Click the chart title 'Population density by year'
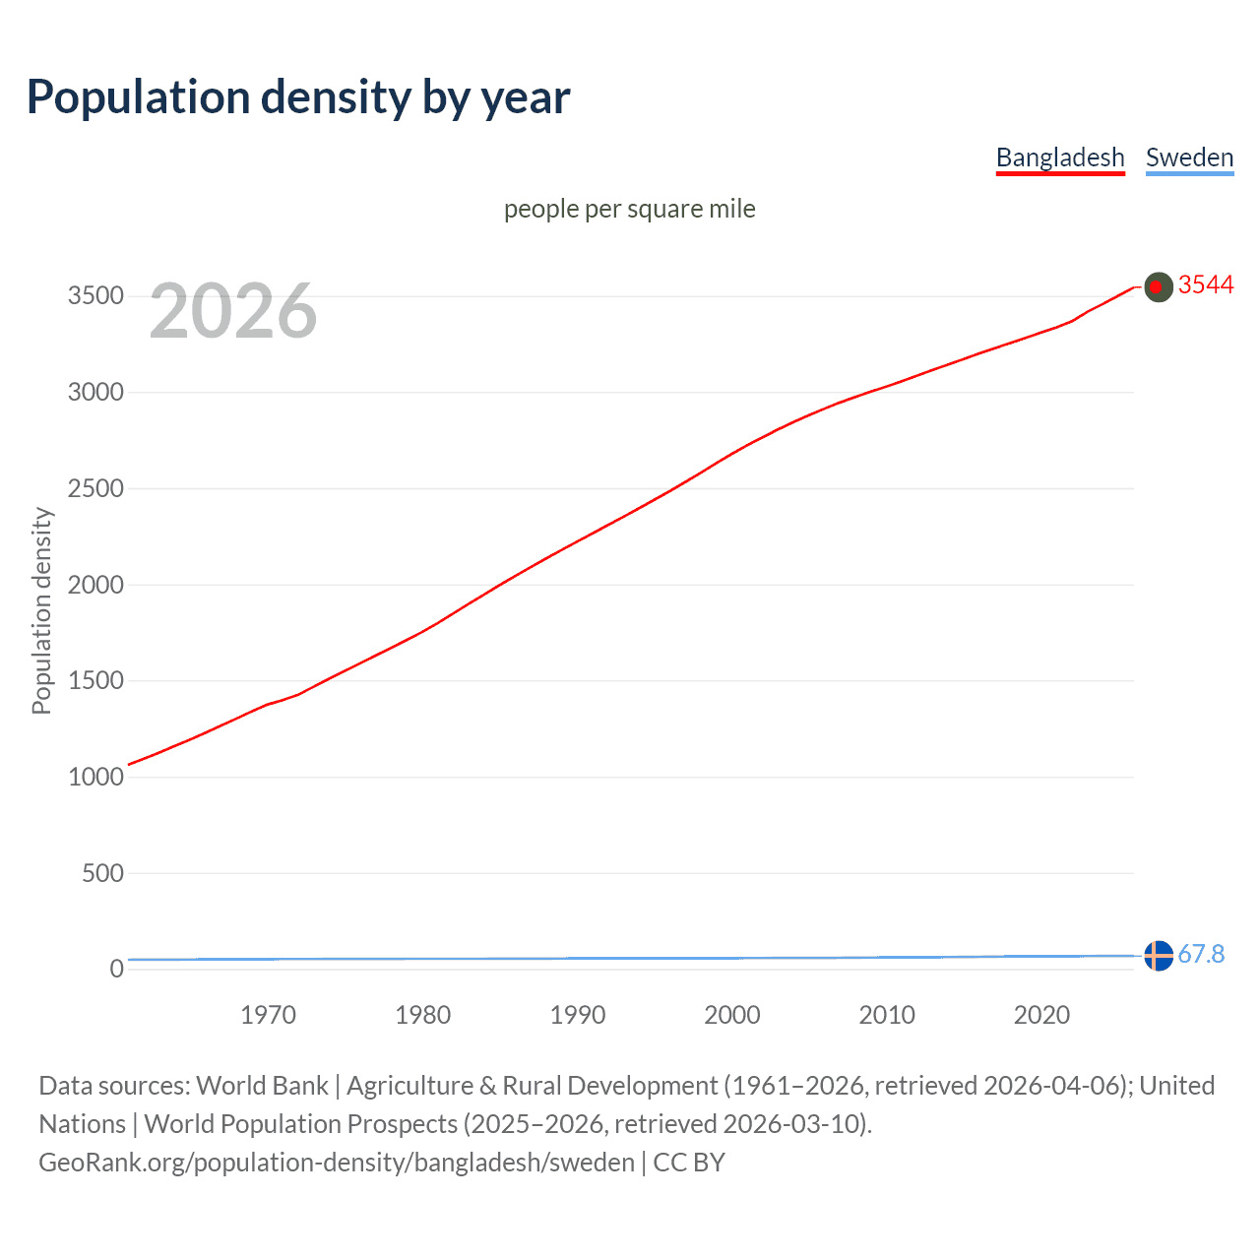click(x=298, y=97)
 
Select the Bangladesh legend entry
click(x=1060, y=157)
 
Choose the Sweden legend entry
click(x=1189, y=157)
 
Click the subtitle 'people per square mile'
click(x=629, y=209)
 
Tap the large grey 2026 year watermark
click(x=233, y=311)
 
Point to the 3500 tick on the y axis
click(x=95, y=296)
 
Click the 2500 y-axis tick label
click(x=95, y=489)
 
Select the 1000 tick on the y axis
click(x=95, y=777)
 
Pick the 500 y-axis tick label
click(x=102, y=873)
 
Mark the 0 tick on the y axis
click(x=117, y=969)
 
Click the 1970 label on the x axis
click(x=268, y=1015)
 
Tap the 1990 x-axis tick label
click(x=578, y=1015)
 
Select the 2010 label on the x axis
click(x=887, y=1015)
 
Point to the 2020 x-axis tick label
click(x=1041, y=1015)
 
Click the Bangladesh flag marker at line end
click(x=1159, y=286)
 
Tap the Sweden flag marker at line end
click(x=1159, y=955)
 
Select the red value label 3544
click(x=1205, y=284)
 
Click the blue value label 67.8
click(x=1201, y=954)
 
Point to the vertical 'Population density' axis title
click(x=41, y=610)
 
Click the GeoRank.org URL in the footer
click(x=337, y=1163)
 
